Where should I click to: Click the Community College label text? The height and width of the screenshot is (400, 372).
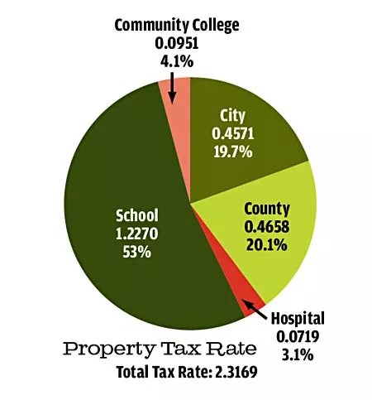pos(177,26)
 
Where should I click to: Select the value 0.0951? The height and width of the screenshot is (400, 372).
pos(177,43)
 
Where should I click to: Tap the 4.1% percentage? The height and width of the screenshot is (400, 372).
pos(177,61)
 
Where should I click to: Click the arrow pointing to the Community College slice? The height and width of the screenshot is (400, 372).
pos(172,88)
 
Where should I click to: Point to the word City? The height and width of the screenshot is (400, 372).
pos(232,117)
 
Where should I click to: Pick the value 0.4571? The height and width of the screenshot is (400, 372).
pos(233,134)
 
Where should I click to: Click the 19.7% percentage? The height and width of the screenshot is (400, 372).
pos(233,152)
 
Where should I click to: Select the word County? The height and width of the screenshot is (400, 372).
pos(267,210)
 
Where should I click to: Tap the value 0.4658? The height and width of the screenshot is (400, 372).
pos(267,227)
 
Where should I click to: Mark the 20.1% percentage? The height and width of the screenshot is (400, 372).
pos(267,244)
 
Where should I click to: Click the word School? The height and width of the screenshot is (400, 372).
pos(137,215)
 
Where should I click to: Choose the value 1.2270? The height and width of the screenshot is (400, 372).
pos(137,234)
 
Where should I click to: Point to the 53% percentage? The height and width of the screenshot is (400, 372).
pos(137,252)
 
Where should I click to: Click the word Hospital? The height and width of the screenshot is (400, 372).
pos(298,319)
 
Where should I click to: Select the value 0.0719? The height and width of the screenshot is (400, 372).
pos(298,336)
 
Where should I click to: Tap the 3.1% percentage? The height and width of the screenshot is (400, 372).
pos(298,354)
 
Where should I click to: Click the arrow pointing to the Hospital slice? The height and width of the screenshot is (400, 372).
pos(255,310)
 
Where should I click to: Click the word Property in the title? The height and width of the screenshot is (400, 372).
pos(108,349)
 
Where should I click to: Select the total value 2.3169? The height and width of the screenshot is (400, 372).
pos(236,372)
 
